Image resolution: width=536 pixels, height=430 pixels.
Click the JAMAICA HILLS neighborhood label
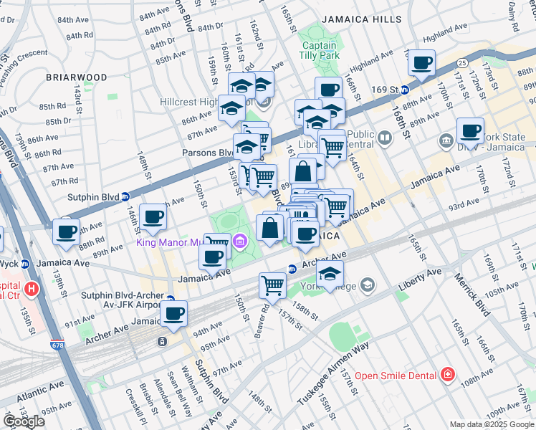[x=361, y=19]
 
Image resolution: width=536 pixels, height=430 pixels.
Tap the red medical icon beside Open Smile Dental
[x=447, y=374]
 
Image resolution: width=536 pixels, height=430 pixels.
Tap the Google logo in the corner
[x=24, y=421]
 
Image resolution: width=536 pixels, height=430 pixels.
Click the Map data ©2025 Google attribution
[x=492, y=424]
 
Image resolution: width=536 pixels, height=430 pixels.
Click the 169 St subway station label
[x=384, y=90]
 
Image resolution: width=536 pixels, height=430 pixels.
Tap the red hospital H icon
[x=31, y=289]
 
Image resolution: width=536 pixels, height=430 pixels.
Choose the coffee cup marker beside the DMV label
[x=470, y=131]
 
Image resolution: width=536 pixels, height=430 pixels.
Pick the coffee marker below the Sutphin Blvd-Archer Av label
[x=174, y=312]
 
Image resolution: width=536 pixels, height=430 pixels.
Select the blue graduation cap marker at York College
[x=329, y=274]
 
